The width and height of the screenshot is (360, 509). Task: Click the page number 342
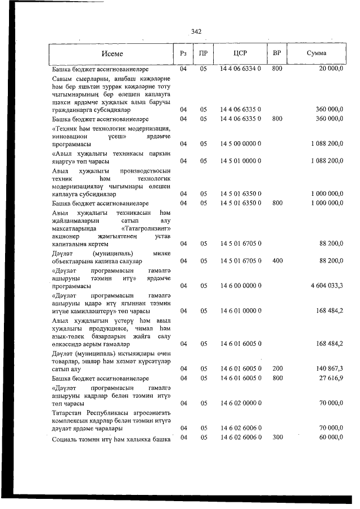196,31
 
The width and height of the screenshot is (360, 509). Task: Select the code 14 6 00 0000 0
240,286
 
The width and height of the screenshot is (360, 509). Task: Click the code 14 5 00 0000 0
240,144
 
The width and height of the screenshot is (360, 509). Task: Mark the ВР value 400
277,261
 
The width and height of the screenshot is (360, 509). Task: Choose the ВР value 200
277,368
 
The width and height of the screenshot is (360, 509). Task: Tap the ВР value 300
277,437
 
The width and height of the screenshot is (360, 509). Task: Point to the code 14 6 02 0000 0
240,403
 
